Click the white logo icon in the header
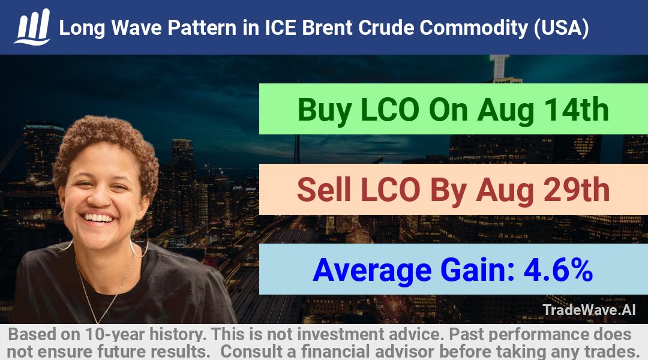(32, 27)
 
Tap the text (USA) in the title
(561, 28)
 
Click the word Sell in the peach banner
(323, 190)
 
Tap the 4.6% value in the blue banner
(559, 270)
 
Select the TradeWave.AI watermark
(589, 310)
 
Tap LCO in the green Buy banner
(390, 110)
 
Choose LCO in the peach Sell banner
(390, 190)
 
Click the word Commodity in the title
(473, 28)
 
